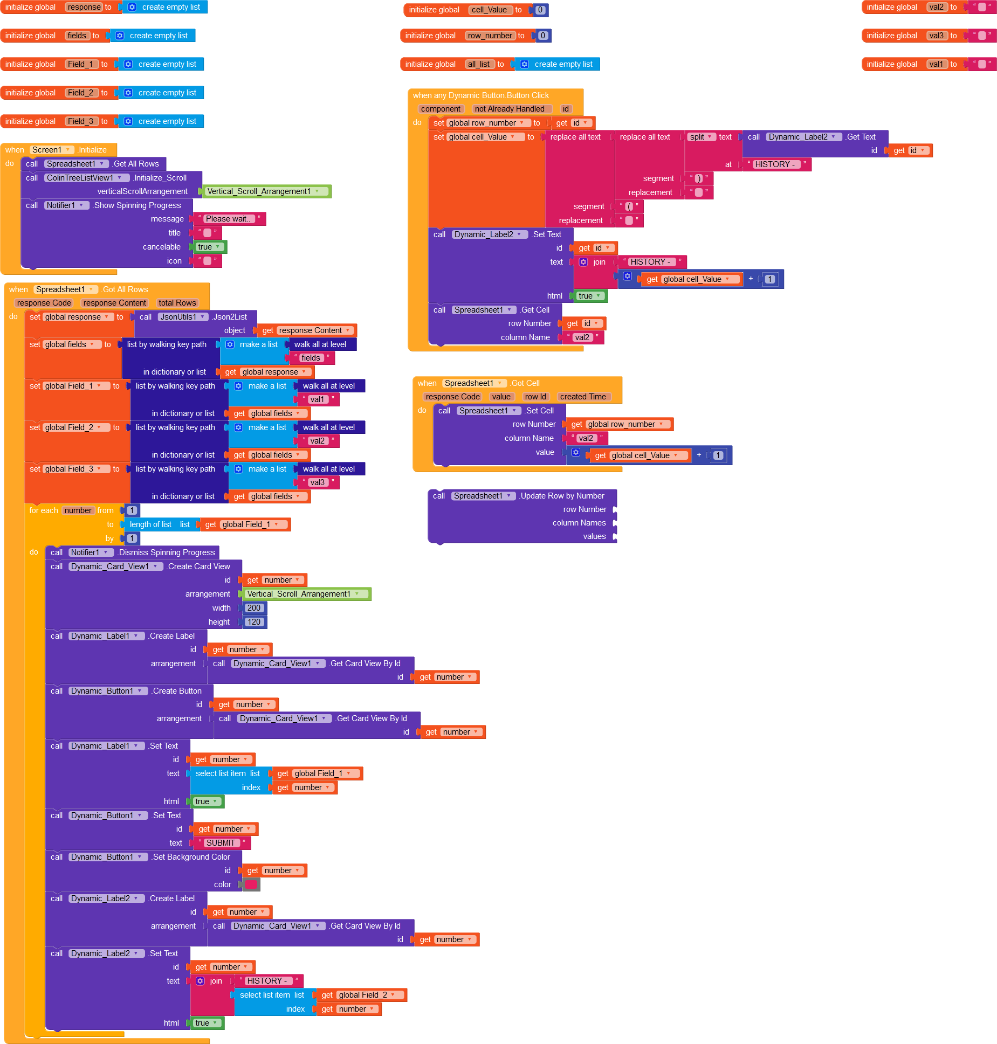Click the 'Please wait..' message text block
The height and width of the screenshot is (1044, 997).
coord(228,219)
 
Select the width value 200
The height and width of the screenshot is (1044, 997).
coord(253,608)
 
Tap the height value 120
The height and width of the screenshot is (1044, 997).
coord(253,622)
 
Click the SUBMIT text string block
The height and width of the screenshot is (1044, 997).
coord(221,843)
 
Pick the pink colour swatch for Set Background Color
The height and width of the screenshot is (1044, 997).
coord(251,884)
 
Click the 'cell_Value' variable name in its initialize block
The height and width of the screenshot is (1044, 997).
coord(489,10)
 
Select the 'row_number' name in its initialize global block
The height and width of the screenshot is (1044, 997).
coord(490,36)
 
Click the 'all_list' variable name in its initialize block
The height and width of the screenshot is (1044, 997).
coord(479,64)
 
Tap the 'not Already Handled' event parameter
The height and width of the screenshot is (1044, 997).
coord(510,109)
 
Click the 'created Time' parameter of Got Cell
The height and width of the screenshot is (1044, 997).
coord(583,397)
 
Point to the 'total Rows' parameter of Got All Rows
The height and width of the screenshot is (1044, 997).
coord(177,303)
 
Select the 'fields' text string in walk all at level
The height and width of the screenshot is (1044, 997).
coord(311,358)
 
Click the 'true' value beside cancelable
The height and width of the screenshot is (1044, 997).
coord(208,247)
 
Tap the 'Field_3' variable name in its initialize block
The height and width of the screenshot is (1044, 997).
coord(80,121)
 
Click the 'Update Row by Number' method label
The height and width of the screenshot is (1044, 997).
coord(562,496)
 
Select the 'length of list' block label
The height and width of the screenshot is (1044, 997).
coord(150,524)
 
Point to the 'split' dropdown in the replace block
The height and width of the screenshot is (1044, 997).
coord(700,137)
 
